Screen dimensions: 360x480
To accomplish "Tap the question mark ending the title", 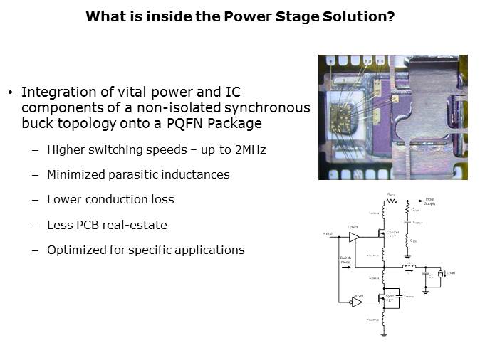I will [x=391, y=16].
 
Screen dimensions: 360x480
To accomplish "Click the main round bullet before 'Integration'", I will [x=11, y=93].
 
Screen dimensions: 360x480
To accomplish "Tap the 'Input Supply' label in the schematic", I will [x=429, y=202].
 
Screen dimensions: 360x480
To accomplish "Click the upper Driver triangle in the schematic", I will [x=353, y=236].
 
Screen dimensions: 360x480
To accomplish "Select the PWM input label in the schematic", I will [x=328, y=233].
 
